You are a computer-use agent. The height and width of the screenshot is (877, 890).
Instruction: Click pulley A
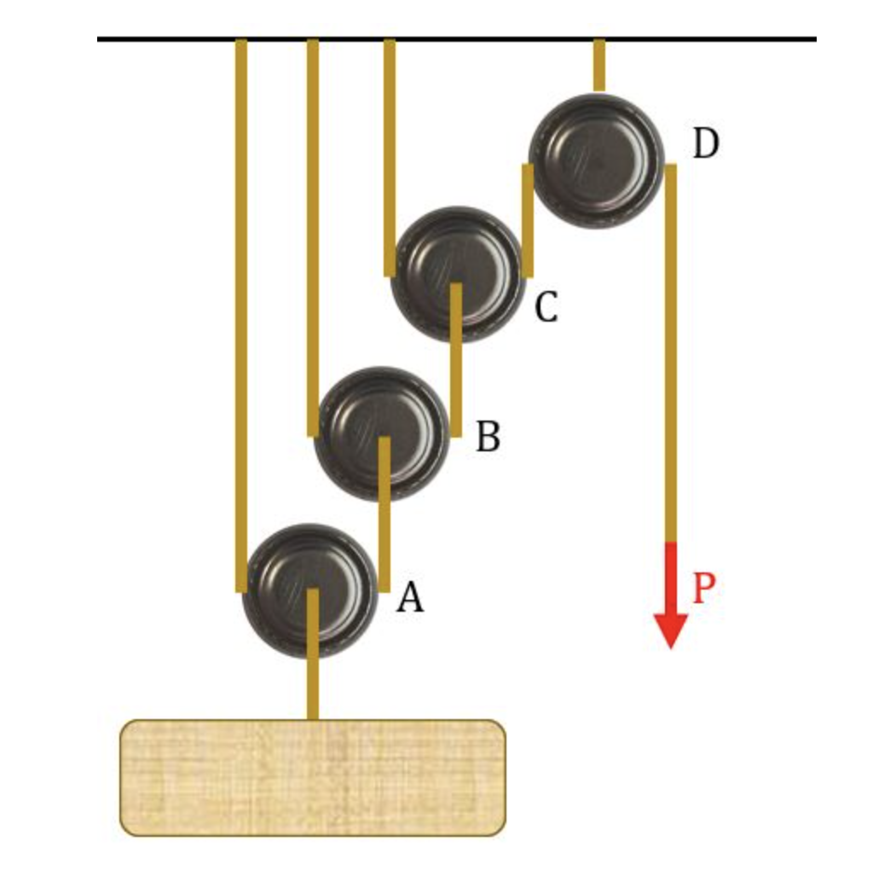click(309, 590)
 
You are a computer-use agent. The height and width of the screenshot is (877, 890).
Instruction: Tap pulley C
click(456, 274)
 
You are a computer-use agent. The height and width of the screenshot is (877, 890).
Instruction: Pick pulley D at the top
click(596, 160)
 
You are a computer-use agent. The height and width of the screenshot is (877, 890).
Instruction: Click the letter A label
click(410, 598)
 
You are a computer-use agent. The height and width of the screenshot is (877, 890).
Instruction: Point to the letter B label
click(487, 438)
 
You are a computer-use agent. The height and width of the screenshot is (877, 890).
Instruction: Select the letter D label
click(705, 145)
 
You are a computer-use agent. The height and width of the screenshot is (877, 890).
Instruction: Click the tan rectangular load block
click(312, 776)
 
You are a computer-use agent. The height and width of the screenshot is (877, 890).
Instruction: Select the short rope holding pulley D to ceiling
click(599, 65)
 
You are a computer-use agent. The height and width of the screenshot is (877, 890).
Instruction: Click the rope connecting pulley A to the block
click(313, 682)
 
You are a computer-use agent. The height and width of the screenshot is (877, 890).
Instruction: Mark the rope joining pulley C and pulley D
click(528, 220)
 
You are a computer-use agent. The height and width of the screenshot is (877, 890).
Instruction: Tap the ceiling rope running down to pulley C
click(390, 154)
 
